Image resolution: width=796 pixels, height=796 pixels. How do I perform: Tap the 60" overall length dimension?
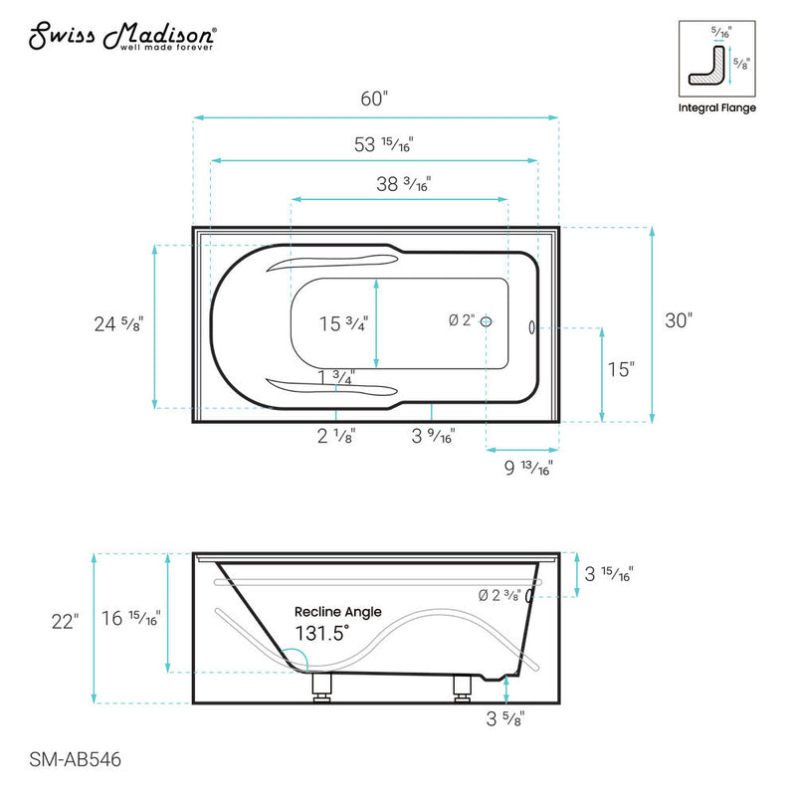[374, 99]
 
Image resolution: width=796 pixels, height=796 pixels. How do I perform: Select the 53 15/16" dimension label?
[383, 143]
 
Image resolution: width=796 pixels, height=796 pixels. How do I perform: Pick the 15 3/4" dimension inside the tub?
[343, 323]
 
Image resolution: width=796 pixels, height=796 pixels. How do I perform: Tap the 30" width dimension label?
[677, 320]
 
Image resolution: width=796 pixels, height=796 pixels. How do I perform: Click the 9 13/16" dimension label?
[527, 467]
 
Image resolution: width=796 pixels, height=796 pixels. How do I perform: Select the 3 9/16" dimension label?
[434, 435]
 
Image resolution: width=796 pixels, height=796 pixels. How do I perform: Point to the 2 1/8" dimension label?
[336, 435]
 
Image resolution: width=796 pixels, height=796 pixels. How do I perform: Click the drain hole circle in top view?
[485, 320]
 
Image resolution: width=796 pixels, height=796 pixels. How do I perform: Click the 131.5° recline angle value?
[321, 634]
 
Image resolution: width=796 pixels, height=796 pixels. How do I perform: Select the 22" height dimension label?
[65, 622]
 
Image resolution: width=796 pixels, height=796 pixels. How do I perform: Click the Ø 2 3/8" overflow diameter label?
[499, 596]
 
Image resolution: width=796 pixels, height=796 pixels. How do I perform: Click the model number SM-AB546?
[69, 759]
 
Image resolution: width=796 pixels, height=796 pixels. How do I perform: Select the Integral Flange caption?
[716, 107]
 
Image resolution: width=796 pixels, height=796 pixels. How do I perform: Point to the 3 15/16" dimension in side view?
[608, 573]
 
